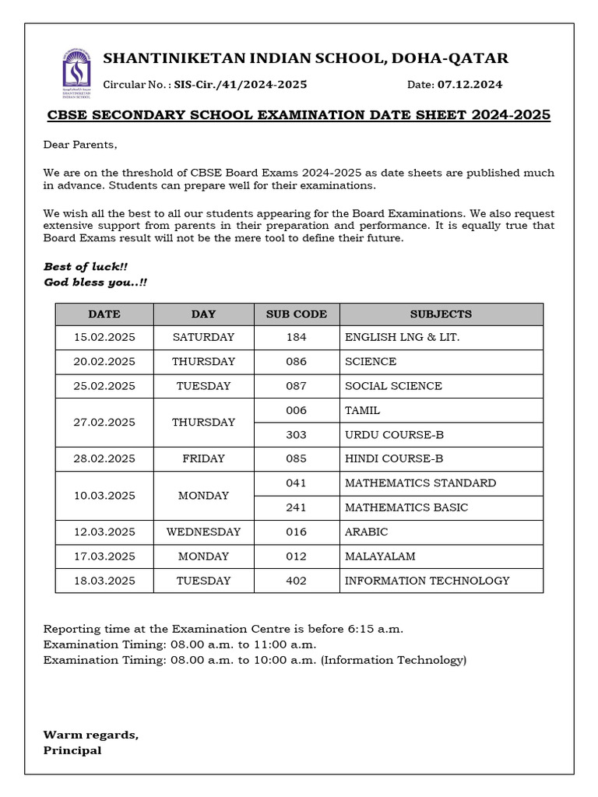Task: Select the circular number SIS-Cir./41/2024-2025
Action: click(240, 85)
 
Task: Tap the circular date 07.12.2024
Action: click(470, 85)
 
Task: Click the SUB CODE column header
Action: click(297, 314)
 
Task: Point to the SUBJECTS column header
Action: click(441, 314)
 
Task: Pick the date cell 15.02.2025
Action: click(104, 338)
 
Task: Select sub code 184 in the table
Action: click(297, 338)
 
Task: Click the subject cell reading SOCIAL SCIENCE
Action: click(393, 386)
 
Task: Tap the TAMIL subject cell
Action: click(362, 410)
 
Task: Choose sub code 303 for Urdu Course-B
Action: click(297, 435)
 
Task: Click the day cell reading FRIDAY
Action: click(203, 459)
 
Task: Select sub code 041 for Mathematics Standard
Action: click(297, 483)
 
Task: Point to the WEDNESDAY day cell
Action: click(203, 532)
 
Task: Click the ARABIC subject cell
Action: click(366, 532)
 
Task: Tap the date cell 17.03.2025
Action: click(104, 556)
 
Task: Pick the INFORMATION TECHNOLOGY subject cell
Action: click(427, 581)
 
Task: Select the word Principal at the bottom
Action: click(72, 751)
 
